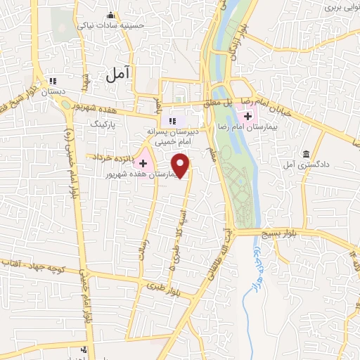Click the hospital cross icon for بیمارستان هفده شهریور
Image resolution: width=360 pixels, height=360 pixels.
[x=144, y=162]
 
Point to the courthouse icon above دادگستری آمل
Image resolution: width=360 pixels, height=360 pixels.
[x=306, y=154]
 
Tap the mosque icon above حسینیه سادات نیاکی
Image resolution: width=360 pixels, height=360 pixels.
[x=110, y=15]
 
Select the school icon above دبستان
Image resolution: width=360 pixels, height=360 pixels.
[x=53, y=79]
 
